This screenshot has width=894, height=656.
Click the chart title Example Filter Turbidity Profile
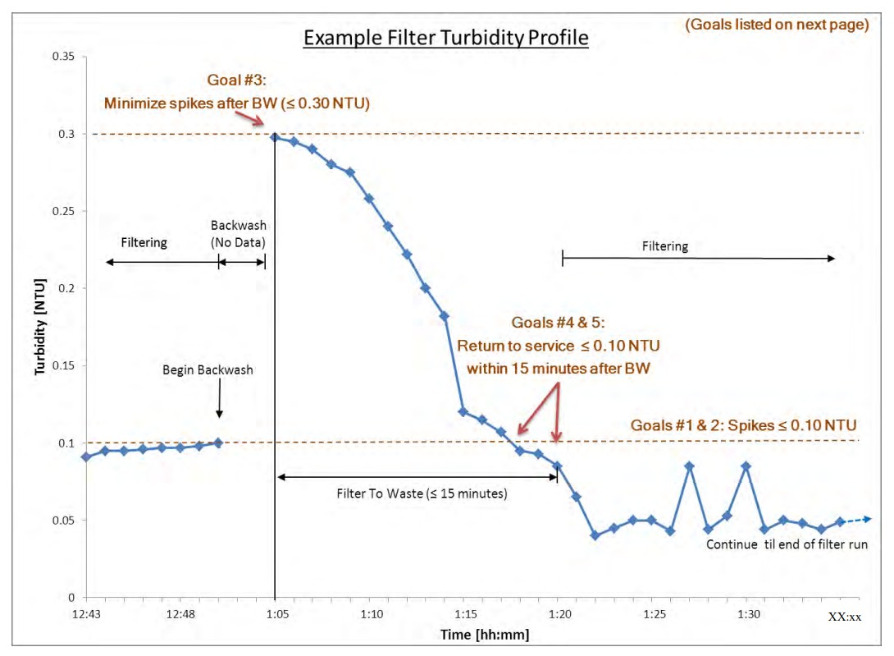point(446,38)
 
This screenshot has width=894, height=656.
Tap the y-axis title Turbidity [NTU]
point(39,327)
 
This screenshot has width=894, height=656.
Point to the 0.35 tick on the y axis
point(62,57)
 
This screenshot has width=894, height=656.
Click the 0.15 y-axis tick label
point(62,365)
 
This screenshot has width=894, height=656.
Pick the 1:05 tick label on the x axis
point(276,614)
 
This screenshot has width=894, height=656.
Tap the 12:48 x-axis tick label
point(180,614)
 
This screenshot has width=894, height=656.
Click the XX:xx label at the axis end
point(845,617)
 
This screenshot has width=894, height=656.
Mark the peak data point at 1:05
point(275,137)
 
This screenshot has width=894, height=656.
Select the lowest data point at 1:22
point(595,535)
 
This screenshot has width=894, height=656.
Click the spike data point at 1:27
point(690,466)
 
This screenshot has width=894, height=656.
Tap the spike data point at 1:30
point(746,466)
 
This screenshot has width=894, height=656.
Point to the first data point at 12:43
point(86,456)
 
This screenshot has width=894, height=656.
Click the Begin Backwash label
point(208,370)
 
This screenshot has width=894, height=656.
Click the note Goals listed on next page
point(777,25)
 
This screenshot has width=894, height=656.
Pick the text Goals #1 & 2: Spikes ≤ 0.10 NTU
point(743,425)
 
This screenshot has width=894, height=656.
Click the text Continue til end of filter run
point(787,544)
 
